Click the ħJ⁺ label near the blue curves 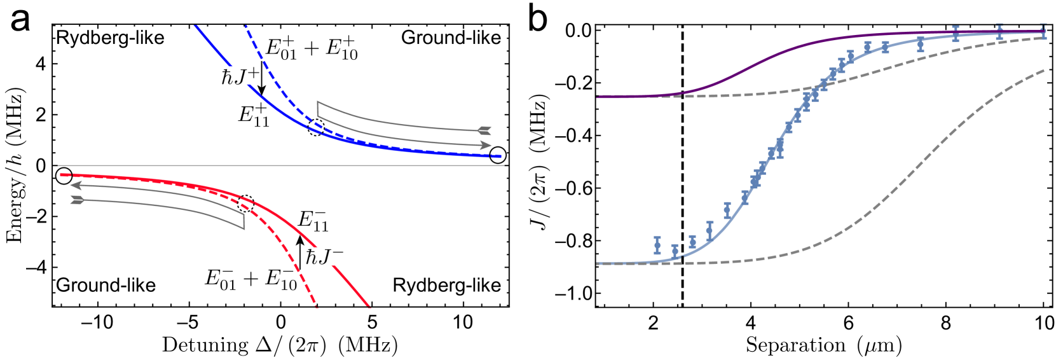[x=240, y=76]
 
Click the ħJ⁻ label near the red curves [x=332, y=256]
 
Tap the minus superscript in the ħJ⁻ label [x=338, y=253]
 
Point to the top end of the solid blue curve [x=196, y=26]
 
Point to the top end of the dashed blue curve [x=245, y=26]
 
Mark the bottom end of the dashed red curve [x=316, y=308]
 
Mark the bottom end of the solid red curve [x=369, y=308]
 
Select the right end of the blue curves [x=500, y=156]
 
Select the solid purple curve [x=763, y=60]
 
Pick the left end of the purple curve [x=598, y=97]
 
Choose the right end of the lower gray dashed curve [x=1044, y=71]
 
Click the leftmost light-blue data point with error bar [x=657, y=245]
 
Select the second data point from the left [x=675, y=251]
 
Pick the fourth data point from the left [x=710, y=230]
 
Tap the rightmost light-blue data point [x=1043, y=31]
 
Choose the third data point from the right [x=956, y=34]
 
